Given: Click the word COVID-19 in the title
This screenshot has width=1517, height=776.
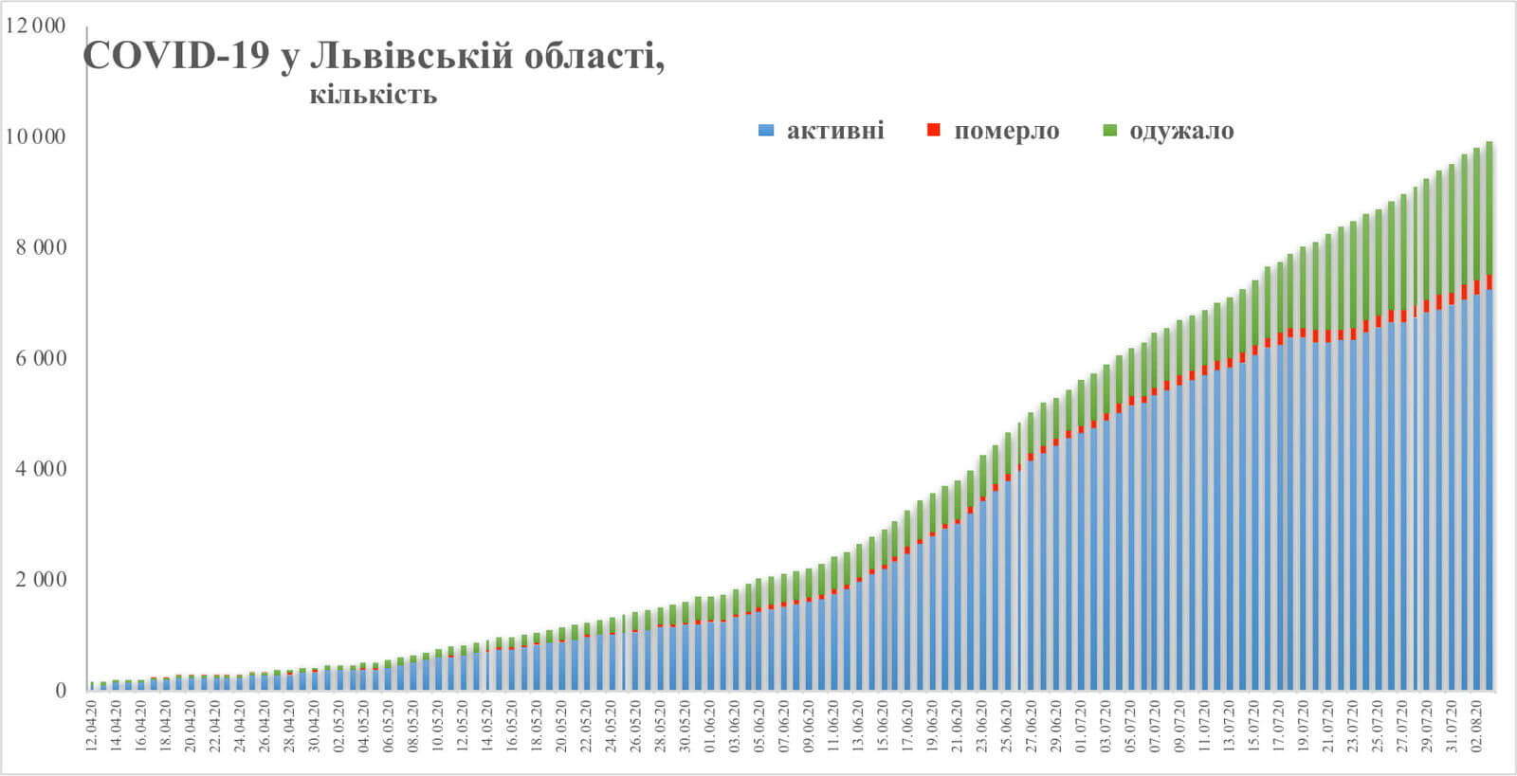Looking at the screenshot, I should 176,57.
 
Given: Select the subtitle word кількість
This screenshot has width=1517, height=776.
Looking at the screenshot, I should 373,95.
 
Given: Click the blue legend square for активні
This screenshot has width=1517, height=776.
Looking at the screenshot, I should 766,131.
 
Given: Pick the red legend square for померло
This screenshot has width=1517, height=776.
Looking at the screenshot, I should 934,131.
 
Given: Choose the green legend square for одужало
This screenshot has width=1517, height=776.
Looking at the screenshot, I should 1110,131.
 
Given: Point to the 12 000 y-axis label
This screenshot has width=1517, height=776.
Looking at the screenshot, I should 36,26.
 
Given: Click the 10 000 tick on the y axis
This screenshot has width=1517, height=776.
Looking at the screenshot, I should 36,136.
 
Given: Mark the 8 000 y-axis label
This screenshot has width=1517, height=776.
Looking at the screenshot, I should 42,247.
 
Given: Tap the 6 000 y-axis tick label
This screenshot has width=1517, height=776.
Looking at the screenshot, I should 42,358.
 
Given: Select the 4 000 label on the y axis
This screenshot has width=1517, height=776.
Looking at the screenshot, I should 42,469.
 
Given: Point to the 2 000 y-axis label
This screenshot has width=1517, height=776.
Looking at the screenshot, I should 42,580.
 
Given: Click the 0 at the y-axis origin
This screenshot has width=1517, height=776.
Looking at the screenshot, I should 61,691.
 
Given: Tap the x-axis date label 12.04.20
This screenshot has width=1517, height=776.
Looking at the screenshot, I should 91,726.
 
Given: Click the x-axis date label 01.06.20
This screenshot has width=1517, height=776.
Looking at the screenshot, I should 710,726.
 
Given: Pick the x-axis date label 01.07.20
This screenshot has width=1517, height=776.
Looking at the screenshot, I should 1081,726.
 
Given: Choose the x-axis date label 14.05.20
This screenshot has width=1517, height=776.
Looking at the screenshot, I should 487,726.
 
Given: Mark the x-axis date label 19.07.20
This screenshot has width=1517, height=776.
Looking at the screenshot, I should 1303,726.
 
